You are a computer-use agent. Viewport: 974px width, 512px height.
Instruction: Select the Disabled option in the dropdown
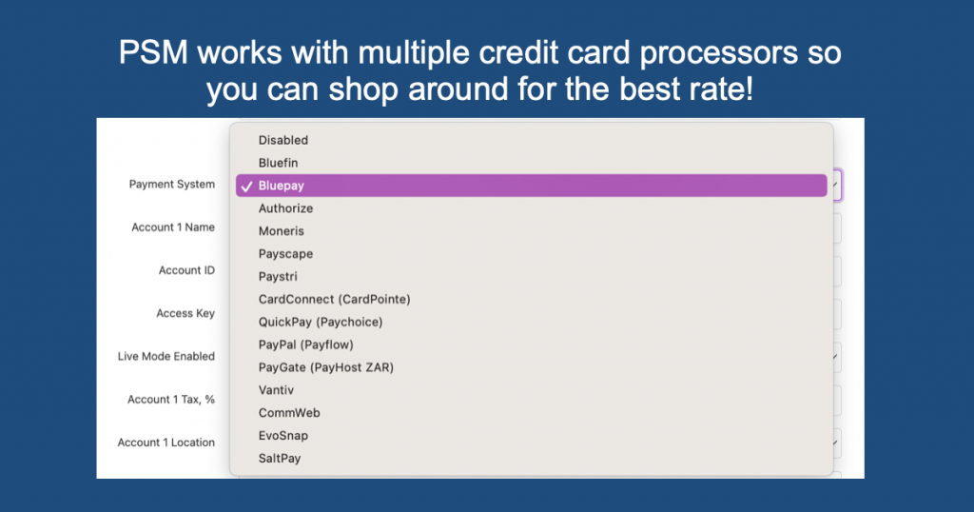coord(283,141)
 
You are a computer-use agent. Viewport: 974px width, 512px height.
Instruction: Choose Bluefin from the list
coord(279,163)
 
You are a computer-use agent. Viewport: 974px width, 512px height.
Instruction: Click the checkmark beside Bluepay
coord(246,186)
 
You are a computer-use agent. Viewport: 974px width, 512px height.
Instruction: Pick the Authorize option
coord(285,208)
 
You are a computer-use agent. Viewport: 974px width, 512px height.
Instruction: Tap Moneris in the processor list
coord(282,231)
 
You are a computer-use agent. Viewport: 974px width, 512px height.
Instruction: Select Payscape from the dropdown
coord(285,254)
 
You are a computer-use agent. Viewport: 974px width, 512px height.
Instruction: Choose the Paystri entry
coord(278,277)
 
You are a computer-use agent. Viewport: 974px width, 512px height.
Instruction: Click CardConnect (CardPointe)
coord(334,300)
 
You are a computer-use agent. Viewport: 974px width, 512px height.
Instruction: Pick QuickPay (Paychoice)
coord(321,322)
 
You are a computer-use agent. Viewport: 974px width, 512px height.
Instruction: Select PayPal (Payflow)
coord(305,345)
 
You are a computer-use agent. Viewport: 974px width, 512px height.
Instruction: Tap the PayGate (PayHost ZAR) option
coord(326,367)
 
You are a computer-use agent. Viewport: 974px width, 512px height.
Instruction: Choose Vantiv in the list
coord(276,390)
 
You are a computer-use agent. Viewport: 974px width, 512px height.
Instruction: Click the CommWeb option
coord(289,413)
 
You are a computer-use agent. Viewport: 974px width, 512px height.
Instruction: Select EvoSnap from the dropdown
coord(283,436)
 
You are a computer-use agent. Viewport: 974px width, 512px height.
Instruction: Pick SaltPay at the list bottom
coord(280,459)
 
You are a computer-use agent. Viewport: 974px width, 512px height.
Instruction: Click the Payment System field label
coord(172,185)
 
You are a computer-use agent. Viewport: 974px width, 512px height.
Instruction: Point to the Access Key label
coord(185,314)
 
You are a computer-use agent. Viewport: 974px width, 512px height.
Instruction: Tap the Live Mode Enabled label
coord(166,357)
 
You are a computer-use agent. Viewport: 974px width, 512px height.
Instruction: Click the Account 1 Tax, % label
coord(171,400)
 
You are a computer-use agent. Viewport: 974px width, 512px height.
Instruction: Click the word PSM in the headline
coord(153,52)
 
